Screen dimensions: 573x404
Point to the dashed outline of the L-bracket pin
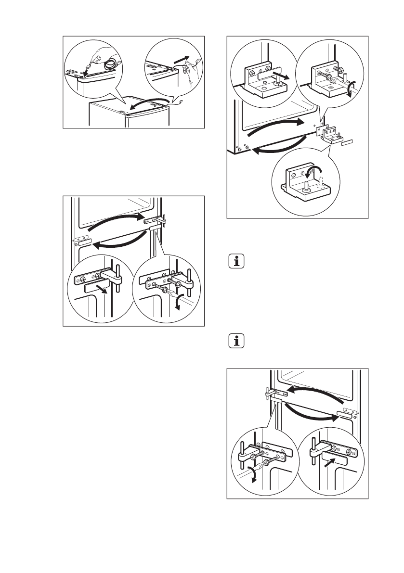click(x=321, y=182)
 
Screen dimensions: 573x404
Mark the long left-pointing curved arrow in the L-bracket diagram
click(x=279, y=147)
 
